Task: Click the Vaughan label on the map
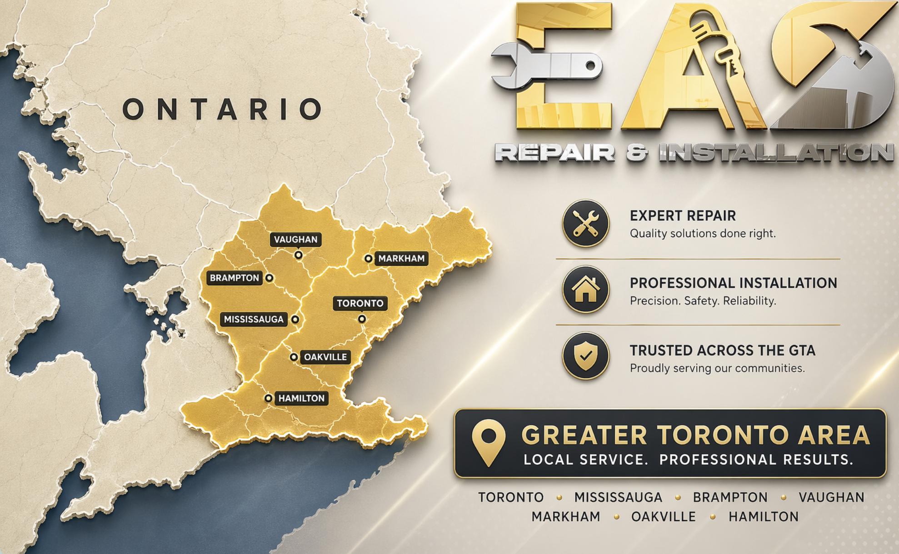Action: (x=295, y=240)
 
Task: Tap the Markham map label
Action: (x=401, y=259)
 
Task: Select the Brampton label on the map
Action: (x=234, y=278)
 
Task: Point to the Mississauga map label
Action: (x=254, y=319)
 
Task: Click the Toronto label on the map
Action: (x=360, y=303)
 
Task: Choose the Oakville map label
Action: (x=325, y=357)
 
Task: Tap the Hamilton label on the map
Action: (x=301, y=398)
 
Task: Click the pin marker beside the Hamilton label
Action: (x=269, y=398)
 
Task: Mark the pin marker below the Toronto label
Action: (x=362, y=319)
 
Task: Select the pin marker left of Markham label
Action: (x=368, y=259)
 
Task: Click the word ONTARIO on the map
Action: (x=223, y=110)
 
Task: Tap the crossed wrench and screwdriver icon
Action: (x=585, y=224)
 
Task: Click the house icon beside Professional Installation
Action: (x=585, y=289)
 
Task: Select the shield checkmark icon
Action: (x=585, y=356)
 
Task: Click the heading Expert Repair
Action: (x=683, y=216)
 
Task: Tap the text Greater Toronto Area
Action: (x=695, y=435)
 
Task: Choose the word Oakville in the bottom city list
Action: (x=663, y=517)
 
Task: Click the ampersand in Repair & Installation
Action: (x=637, y=153)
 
